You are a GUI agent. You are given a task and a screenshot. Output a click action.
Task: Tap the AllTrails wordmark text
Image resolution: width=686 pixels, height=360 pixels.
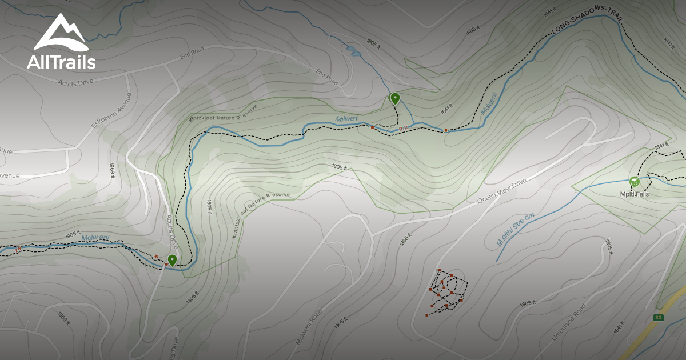point(61,62)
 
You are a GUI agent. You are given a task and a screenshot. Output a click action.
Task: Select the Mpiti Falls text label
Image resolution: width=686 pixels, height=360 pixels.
point(635,194)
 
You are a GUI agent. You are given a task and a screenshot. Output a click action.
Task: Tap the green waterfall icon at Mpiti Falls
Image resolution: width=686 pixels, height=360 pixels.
point(634,182)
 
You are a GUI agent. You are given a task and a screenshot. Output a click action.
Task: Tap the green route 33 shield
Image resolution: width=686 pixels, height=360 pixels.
point(659,318)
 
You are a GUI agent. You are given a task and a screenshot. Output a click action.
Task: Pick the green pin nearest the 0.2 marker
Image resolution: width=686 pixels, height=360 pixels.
point(394,98)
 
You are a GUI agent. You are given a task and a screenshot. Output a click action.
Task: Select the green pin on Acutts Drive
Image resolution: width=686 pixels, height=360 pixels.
point(171,260)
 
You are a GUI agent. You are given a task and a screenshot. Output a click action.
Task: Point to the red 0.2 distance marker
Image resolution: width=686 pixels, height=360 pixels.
point(404,128)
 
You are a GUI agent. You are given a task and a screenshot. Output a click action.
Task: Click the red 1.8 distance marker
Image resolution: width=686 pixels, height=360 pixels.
point(19,249)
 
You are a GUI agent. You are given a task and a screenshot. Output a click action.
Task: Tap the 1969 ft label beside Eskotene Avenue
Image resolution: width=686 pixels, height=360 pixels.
point(113,170)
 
